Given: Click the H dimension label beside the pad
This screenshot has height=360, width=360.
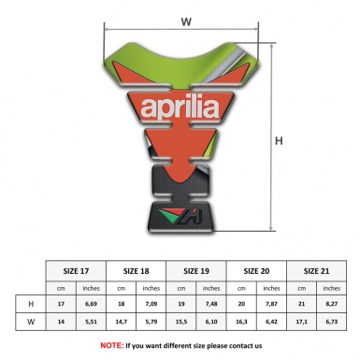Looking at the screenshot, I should (278, 141).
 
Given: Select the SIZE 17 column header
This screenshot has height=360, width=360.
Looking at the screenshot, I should (76, 268).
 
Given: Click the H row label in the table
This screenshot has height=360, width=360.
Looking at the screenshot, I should (31, 305).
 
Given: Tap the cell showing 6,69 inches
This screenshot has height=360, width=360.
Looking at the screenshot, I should (91, 305).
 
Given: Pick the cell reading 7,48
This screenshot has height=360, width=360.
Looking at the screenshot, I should (212, 305).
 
